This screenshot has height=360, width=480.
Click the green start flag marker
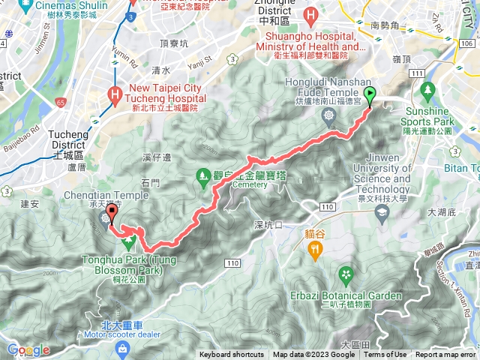click(370, 95)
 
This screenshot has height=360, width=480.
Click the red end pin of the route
click(112, 211)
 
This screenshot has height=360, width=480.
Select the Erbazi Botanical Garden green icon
click(345, 274)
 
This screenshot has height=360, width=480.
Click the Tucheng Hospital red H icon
click(115, 94)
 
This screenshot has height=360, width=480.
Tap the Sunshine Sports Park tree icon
click(428, 92)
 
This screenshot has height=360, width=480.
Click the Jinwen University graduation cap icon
click(382, 212)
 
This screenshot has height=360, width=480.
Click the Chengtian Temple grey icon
click(103, 217)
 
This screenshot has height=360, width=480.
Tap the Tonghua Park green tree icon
click(127, 242)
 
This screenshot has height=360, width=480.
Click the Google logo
click(28, 350)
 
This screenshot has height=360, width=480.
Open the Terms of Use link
click(385, 355)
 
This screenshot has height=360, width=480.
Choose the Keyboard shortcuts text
click(232, 355)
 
